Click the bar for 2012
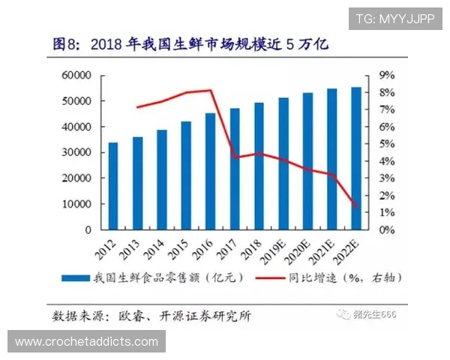(x=113, y=186)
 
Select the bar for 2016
(x=210, y=171)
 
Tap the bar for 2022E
(x=355, y=158)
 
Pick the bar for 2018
(x=259, y=166)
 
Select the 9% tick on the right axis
(x=387, y=75)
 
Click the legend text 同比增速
(x=311, y=277)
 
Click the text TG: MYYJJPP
(x=394, y=18)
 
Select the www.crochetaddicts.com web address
(x=86, y=342)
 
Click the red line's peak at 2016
(x=211, y=91)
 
